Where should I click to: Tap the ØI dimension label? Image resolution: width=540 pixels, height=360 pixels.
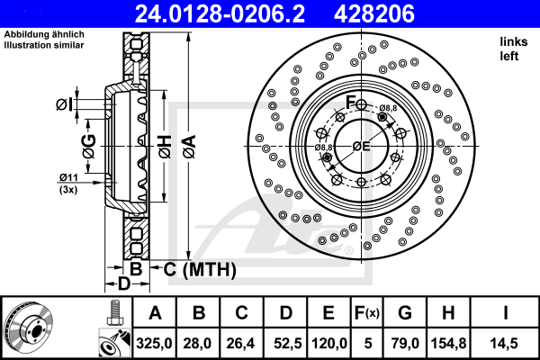[63, 104]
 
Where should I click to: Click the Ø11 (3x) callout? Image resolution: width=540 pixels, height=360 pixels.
[68, 184]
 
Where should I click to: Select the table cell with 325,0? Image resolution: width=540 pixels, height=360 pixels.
[155, 341]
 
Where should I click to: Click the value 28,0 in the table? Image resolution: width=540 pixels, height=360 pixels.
[200, 341]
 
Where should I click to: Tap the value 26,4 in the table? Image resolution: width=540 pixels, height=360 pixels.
[242, 341]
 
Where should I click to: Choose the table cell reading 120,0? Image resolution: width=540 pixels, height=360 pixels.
[328, 341]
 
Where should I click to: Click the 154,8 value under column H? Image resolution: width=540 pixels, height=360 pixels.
[448, 341]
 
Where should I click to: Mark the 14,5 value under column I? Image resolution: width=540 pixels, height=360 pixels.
[504, 341]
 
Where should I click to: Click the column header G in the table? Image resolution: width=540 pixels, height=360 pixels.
[405, 313]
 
